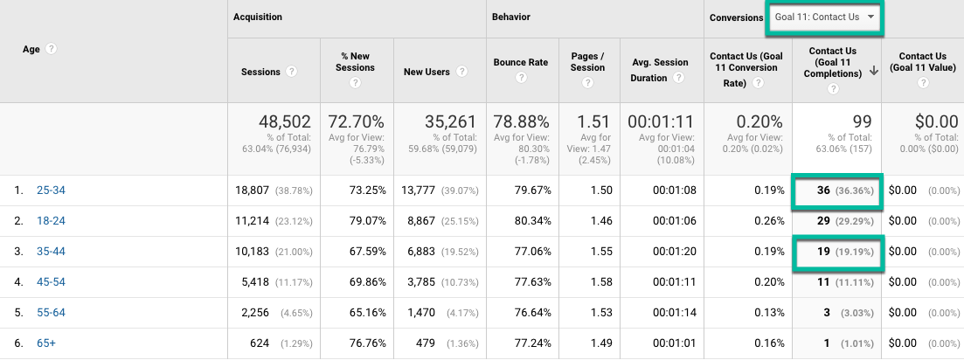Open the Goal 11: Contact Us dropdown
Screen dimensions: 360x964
pos(824,18)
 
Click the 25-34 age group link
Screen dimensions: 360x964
pos(51,190)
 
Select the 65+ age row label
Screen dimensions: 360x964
pos(46,343)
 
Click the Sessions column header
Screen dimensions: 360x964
pos(261,72)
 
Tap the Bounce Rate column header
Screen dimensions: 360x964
pos(520,63)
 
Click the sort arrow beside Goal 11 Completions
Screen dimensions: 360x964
pos(873,72)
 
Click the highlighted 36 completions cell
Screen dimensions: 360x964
pos(836,190)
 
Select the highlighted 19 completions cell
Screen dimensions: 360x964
pos(836,252)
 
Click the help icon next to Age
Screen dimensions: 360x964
pos(52,49)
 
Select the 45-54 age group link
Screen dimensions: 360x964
pos(51,282)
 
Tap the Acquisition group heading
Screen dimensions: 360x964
pos(257,17)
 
